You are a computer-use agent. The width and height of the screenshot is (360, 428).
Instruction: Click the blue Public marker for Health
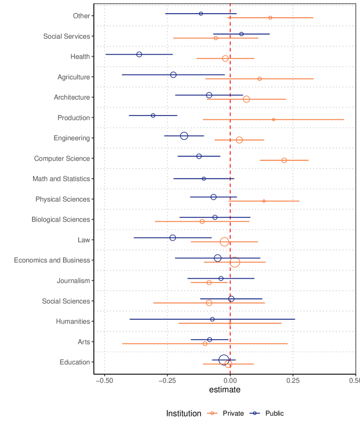pos(139,55)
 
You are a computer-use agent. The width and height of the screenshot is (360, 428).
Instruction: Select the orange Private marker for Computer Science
pos(284,160)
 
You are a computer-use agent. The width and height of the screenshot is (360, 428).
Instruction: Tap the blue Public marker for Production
pos(153,116)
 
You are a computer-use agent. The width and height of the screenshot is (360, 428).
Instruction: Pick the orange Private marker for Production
pos(273,120)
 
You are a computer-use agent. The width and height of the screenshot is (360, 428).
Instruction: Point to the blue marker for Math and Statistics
pos(204,179)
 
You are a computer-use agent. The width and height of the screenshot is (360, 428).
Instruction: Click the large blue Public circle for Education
pos(224,360)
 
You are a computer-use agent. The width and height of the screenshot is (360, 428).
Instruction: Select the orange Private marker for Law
pos(224,242)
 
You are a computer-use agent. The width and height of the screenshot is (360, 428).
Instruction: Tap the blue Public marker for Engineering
pos(184,136)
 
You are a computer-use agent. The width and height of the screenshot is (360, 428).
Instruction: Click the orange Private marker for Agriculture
pos(260,79)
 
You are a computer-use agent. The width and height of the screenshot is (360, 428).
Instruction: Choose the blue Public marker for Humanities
pos(212,319)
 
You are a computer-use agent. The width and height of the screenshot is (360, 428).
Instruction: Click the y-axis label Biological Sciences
pos(61,220)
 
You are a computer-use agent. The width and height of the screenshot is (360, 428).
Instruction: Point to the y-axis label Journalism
pos(74,281)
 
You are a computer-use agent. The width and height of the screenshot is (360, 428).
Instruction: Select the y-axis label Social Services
pos(67,36)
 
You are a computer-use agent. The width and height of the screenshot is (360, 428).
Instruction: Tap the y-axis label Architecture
pos(72,97)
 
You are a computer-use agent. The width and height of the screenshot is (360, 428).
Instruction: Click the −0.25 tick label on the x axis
pos(167,380)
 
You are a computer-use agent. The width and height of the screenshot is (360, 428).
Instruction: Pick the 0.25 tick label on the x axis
pos(293,380)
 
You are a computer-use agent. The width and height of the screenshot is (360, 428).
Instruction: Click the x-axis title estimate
pos(224,390)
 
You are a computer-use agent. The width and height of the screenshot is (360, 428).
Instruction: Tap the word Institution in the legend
pos(183,414)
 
